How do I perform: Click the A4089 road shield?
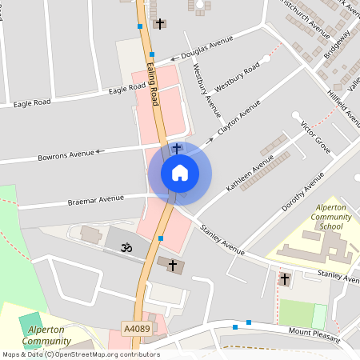137,328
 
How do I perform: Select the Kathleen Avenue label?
250,172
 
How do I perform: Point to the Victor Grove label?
315,137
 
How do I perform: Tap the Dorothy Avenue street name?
302,192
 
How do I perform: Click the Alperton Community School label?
327,217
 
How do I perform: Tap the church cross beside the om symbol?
170,264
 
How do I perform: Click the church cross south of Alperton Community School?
285,279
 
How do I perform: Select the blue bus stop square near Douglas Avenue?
152,55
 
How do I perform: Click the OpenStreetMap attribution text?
80,354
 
